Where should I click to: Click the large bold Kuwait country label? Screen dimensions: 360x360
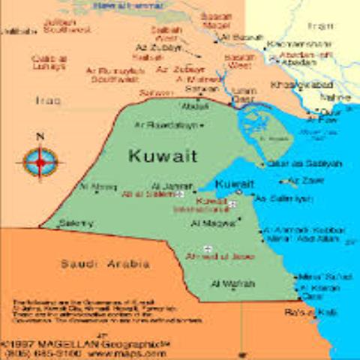pos(163,155)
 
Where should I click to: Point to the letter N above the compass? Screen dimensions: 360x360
pos(40,136)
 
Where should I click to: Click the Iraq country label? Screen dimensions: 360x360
pos(48,100)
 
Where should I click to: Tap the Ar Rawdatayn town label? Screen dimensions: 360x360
pos(166,125)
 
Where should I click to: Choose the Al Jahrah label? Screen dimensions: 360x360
pos(166,185)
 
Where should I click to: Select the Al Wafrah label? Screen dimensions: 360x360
pos(233,283)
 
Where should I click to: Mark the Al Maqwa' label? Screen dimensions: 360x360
pos(212,223)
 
